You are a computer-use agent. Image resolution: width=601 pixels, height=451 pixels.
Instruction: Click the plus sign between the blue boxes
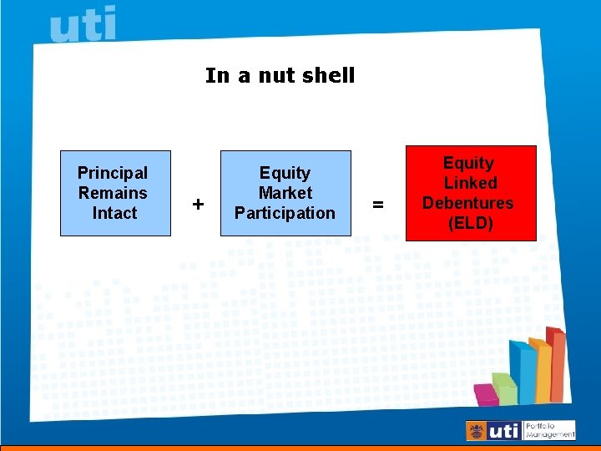click(x=198, y=204)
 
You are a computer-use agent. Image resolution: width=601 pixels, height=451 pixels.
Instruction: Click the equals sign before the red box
click(x=378, y=204)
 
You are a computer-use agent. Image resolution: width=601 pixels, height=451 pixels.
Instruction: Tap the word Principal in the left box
click(x=113, y=173)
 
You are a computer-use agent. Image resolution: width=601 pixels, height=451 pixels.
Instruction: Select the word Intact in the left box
click(x=114, y=213)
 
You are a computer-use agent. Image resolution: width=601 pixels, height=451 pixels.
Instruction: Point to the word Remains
click(x=113, y=193)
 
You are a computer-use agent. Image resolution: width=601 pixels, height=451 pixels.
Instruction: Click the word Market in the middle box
click(x=285, y=193)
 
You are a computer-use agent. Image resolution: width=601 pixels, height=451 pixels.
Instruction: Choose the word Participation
click(x=285, y=213)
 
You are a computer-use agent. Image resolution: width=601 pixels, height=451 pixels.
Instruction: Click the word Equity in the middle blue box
click(x=285, y=173)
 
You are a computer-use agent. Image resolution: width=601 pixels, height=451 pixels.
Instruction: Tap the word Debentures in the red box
click(x=467, y=203)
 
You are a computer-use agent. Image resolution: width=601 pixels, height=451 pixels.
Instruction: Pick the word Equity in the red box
click(x=468, y=163)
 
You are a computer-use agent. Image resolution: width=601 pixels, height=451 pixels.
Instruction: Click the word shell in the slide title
click(x=328, y=75)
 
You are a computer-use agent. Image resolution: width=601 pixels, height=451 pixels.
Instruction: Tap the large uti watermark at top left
click(x=83, y=26)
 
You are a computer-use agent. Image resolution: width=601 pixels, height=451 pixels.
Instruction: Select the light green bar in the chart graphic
click(x=505, y=388)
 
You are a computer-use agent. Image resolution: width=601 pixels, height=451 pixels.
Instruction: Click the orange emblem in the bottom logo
click(x=477, y=431)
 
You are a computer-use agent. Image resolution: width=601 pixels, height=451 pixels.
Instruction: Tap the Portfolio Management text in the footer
click(x=550, y=430)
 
